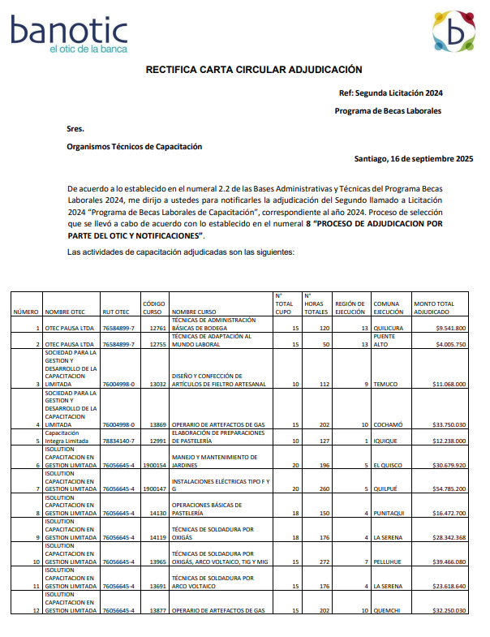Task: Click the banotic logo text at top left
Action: pos(69,33)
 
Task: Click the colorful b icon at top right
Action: pos(453,32)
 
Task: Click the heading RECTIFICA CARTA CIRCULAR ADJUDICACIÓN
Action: pos(254,71)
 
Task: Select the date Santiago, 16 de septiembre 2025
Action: pos(414,158)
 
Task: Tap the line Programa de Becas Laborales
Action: pos(388,110)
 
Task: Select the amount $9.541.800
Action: pos(450,328)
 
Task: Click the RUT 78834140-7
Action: pos(118,441)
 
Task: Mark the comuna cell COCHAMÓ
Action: pos(389,424)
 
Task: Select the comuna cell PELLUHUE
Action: pos(389,562)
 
